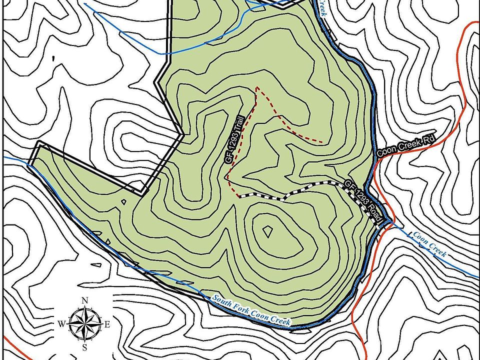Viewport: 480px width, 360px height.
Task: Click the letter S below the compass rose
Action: (x=84, y=347)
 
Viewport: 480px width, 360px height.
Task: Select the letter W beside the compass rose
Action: (x=61, y=324)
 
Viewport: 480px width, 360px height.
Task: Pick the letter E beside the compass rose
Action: (x=107, y=324)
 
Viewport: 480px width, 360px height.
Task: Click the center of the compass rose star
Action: (x=84, y=323)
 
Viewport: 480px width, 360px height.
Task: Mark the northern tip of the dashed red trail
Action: (x=257, y=87)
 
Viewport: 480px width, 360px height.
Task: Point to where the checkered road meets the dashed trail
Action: (x=239, y=195)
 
